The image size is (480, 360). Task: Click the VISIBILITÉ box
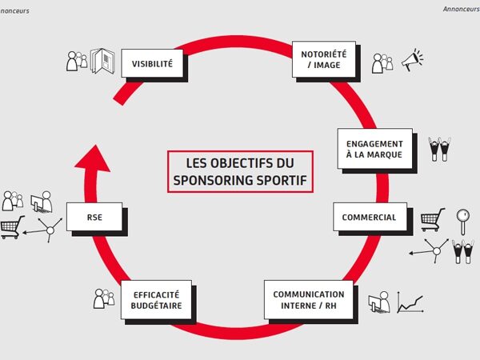[x=151, y=62]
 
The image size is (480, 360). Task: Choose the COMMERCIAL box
[x=369, y=218]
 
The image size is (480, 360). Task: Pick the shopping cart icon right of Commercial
[x=432, y=218]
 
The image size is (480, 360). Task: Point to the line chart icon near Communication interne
[x=410, y=302]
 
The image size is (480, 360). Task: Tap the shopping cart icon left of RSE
[x=11, y=226]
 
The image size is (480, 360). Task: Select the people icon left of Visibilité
[x=77, y=60]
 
